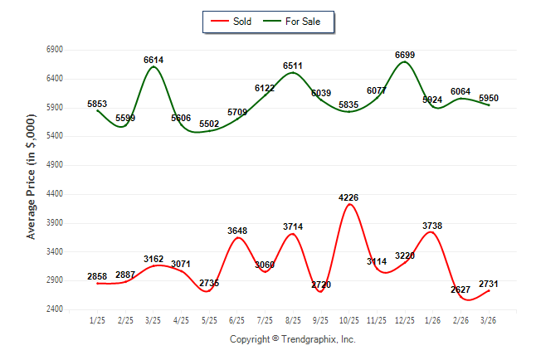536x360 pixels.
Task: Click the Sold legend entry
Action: point(232,22)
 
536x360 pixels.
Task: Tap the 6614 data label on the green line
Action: point(153,61)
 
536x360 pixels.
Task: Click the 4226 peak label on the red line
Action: point(349,197)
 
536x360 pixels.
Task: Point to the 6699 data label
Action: point(405,55)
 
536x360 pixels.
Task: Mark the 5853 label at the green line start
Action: point(98,104)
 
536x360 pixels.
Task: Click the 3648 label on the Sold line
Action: point(237,231)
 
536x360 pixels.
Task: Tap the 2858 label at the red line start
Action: point(98,275)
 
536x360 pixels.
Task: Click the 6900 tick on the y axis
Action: point(55,50)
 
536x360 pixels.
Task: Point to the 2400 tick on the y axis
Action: point(55,309)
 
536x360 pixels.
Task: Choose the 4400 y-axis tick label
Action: point(55,194)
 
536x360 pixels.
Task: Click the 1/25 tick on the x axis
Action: point(98,321)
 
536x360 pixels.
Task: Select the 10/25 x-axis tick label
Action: point(349,321)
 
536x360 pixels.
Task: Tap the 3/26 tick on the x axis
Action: point(490,321)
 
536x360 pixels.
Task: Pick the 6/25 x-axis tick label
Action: point(237,321)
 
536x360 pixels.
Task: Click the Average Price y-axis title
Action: point(32,178)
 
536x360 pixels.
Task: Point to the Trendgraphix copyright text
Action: point(292,339)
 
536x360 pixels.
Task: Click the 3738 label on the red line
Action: point(433,226)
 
